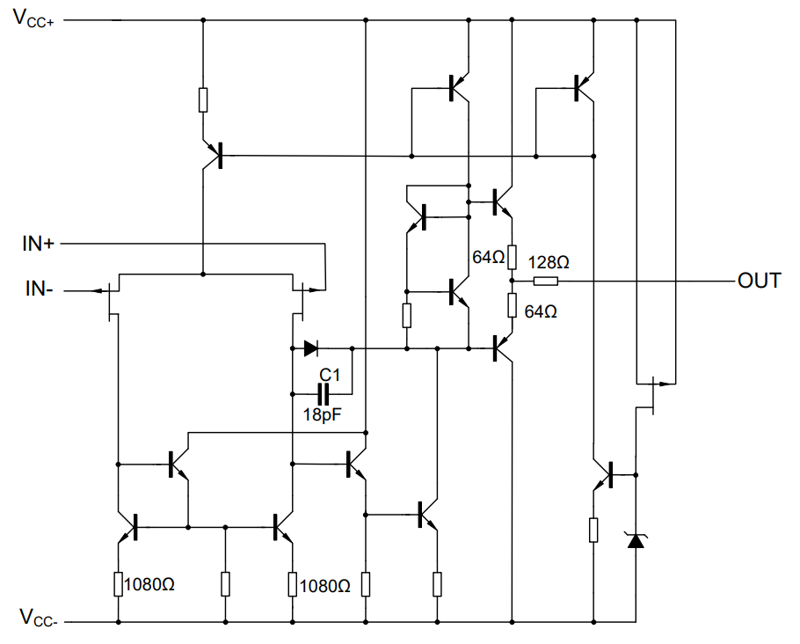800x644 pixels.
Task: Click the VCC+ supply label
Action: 33,19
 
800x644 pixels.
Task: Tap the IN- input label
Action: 38,288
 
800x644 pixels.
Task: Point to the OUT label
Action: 759,282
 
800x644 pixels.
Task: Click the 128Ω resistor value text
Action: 549,262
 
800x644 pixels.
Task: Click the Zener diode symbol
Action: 635,539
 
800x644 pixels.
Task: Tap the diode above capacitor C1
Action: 310,348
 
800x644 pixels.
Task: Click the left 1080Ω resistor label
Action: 150,584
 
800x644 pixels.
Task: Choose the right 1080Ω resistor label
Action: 326,584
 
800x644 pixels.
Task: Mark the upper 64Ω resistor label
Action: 489,258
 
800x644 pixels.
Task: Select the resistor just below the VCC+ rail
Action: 203,99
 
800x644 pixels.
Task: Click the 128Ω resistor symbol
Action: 545,282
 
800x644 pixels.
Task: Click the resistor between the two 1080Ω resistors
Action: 225,583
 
